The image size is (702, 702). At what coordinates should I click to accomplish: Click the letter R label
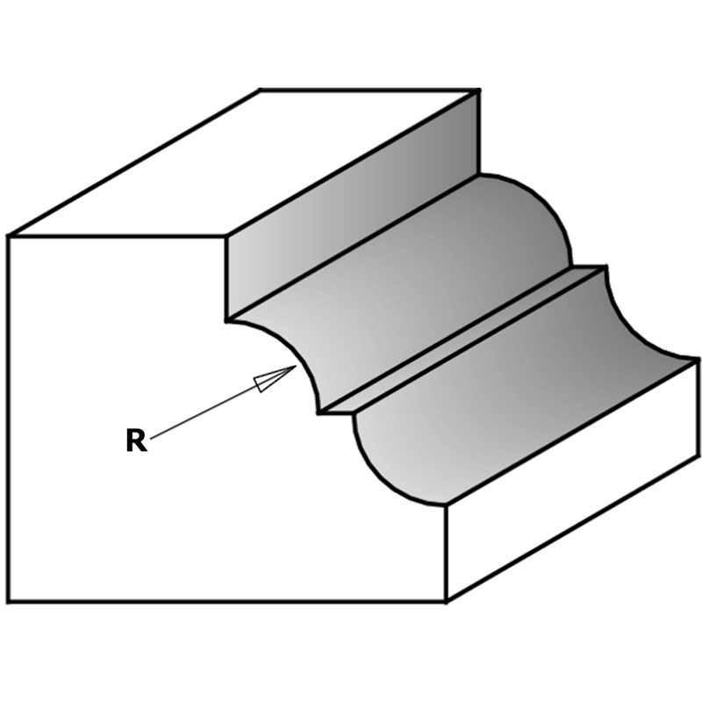click(x=137, y=441)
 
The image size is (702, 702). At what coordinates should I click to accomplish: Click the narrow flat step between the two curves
click(x=462, y=340)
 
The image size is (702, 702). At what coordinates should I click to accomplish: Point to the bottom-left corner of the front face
click(x=9, y=601)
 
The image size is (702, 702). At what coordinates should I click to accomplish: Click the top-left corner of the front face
click(x=9, y=235)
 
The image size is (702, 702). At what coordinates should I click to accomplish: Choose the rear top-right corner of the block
click(x=479, y=91)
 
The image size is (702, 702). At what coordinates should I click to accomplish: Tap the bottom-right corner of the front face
click(x=446, y=601)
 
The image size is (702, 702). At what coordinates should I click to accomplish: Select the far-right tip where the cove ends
click(x=698, y=359)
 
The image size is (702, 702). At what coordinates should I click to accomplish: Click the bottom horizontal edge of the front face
click(x=227, y=601)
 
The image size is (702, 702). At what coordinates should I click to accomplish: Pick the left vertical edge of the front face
click(x=9, y=419)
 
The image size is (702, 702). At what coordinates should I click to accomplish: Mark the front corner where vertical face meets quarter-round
click(x=226, y=320)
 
